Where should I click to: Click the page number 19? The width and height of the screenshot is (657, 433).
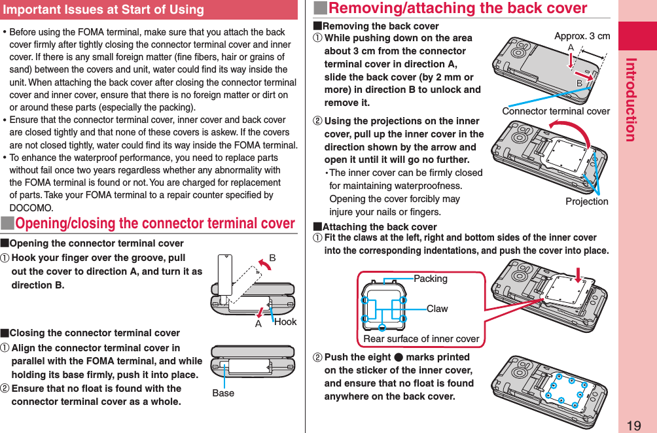(x=633, y=425)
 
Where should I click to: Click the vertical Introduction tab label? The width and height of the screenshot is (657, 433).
(x=630, y=99)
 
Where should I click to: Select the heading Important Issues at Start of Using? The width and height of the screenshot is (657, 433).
(x=103, y=10)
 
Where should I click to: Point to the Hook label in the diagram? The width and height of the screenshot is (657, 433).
(x=285, y=322)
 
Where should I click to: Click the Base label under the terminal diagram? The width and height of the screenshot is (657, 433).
(x=223, y=393)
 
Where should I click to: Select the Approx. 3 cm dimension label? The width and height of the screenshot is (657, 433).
(x=582, y=36)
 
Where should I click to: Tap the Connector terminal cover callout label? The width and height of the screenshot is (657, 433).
(x=556, y=111)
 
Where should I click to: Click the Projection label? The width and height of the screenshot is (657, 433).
(x=586, y=201)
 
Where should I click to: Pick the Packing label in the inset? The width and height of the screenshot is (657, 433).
(x=431, y=279)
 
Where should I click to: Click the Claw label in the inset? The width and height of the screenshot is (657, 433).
(x=437, y=308)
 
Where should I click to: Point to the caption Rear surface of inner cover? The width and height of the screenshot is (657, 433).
(x=421, y=339)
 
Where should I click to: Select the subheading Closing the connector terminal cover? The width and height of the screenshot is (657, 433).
(x=94, y=333)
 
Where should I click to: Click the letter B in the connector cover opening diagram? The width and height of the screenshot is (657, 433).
(x=273, y=258)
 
